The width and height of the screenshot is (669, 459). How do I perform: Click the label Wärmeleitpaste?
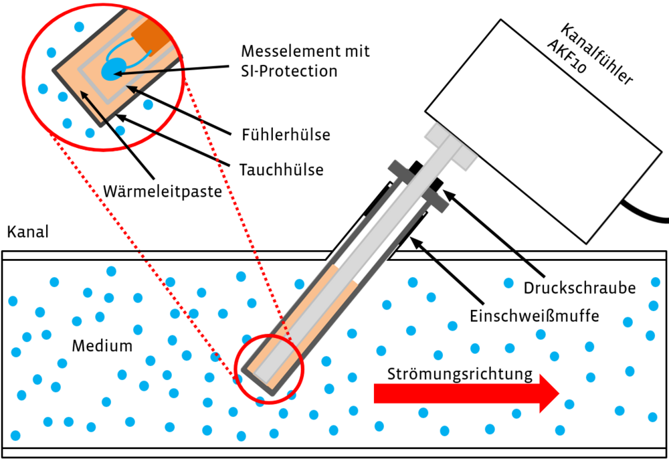pos(163,192)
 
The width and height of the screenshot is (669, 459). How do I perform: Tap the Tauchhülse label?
pos(281,170)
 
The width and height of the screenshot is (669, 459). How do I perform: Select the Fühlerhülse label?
pos(286,134)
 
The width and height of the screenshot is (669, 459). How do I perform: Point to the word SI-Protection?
pos(289,71)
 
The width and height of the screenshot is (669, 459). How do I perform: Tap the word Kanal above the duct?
pos(27,233)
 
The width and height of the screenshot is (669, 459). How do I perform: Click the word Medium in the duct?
pos(102,346)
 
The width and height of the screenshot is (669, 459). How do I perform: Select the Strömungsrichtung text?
pos(461,373)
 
